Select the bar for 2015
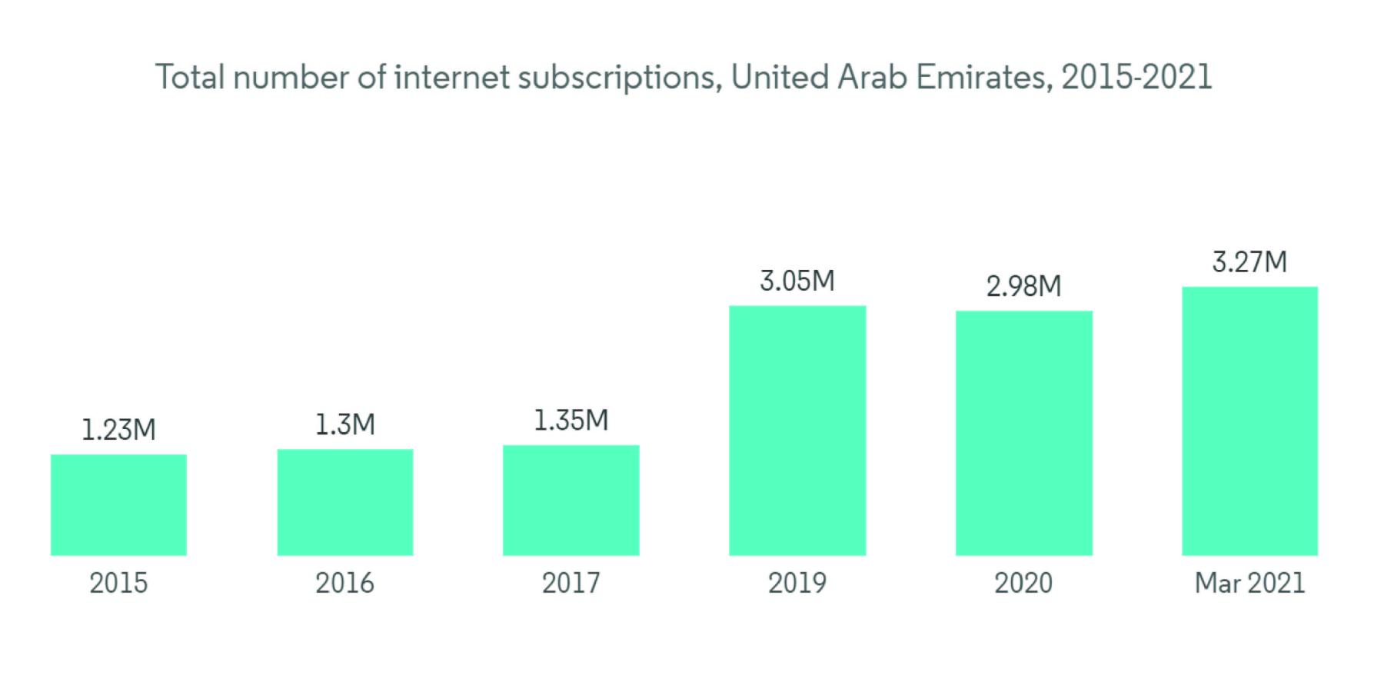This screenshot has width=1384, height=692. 118,504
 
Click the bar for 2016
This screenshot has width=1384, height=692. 345,502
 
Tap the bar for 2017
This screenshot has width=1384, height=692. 571,500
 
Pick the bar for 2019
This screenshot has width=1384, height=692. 797,431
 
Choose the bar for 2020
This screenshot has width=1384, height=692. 1023,433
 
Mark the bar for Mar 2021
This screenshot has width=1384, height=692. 1249,421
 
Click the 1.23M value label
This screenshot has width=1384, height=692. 118,430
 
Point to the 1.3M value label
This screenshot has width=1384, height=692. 345,424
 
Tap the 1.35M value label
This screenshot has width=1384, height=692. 571,421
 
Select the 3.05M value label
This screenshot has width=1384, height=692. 797,281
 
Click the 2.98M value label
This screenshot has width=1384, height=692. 1023,287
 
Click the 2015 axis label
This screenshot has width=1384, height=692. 118,583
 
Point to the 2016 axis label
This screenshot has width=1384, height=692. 345,583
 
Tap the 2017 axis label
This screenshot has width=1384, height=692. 571,583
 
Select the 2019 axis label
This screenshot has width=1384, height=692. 797,583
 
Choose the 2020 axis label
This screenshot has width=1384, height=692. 1023,583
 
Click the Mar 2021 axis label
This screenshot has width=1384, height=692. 1249,583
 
